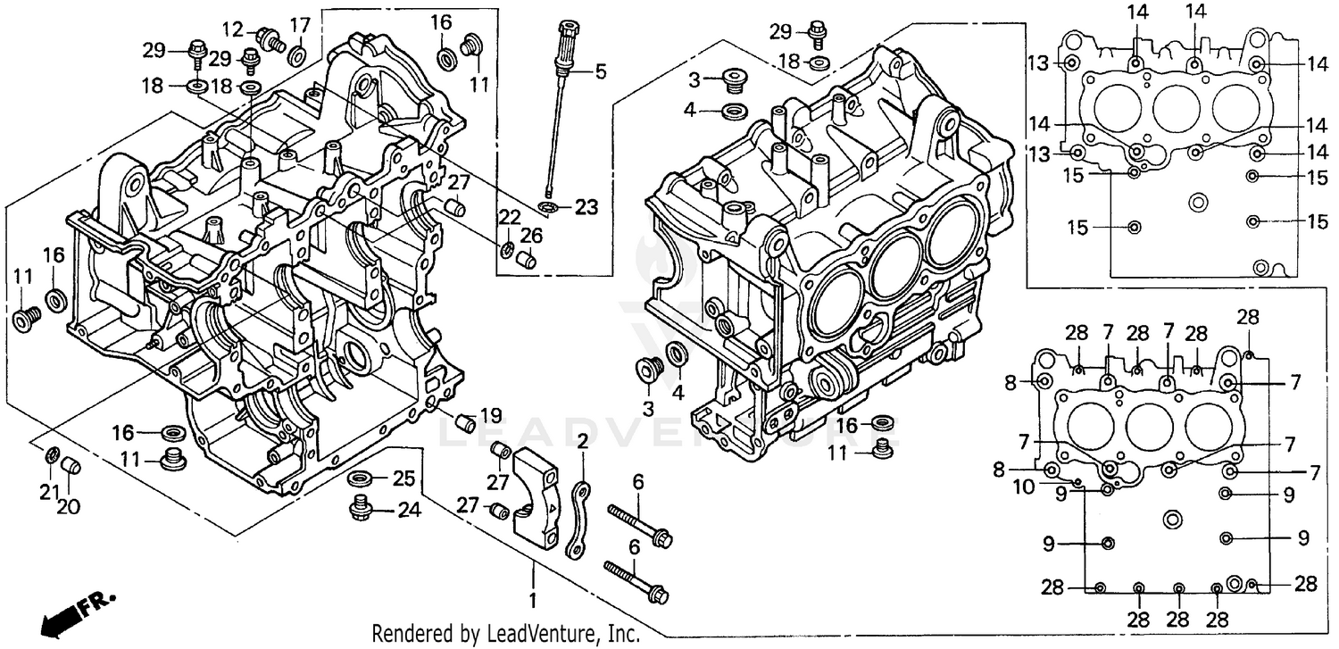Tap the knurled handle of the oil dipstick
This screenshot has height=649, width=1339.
click(x=564, y=45)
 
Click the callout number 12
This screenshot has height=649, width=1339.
click(x=233, y=30)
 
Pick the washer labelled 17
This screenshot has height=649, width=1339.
click(x=297, y=58)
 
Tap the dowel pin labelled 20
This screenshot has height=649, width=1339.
click(x=74, y=465)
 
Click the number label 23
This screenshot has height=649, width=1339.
click(x=585, y=207)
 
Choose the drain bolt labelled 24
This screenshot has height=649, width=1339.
click(x=362, y=509)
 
